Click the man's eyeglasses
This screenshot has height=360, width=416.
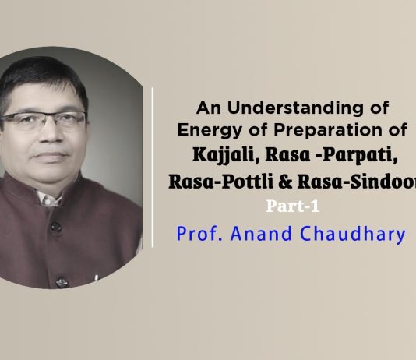[47, 118]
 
